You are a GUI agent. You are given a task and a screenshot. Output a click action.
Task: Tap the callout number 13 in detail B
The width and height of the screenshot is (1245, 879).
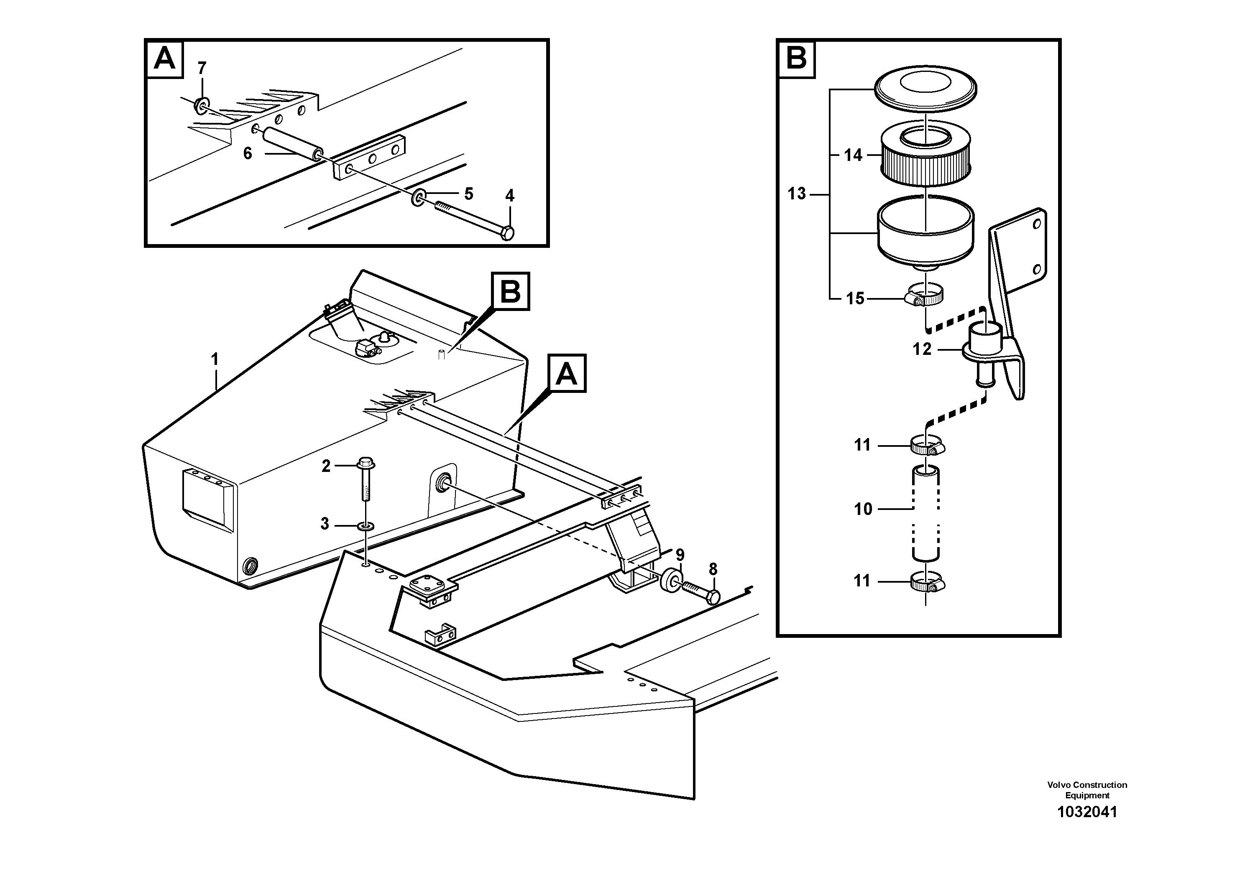tap(797, 194)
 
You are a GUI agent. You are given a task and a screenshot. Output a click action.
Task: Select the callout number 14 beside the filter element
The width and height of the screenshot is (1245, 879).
tap(853, 155)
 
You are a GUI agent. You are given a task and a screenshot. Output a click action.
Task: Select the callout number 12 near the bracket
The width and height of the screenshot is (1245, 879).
tap(922, 349)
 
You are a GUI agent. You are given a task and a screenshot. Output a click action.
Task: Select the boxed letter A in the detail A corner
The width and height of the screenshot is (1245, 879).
tap(165, 59)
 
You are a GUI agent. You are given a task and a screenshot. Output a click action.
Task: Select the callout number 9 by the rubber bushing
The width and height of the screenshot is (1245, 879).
tap(680, 555)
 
